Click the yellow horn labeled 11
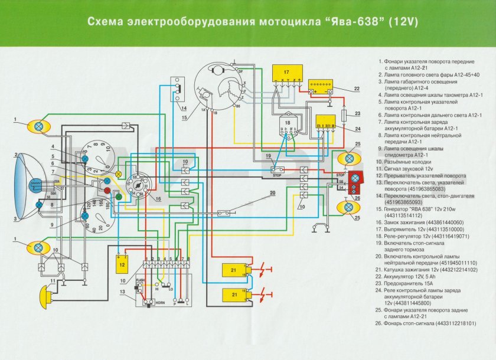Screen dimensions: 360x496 [x=47, y=291]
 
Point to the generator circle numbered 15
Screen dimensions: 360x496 [x=220, y=89]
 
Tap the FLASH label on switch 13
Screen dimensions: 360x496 [x=141, y=280]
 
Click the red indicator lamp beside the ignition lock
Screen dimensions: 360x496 [x=108, y=191]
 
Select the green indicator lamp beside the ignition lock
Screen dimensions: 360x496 [x=118, y=197]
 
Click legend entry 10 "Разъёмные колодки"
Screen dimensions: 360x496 [x=407, y=161]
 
